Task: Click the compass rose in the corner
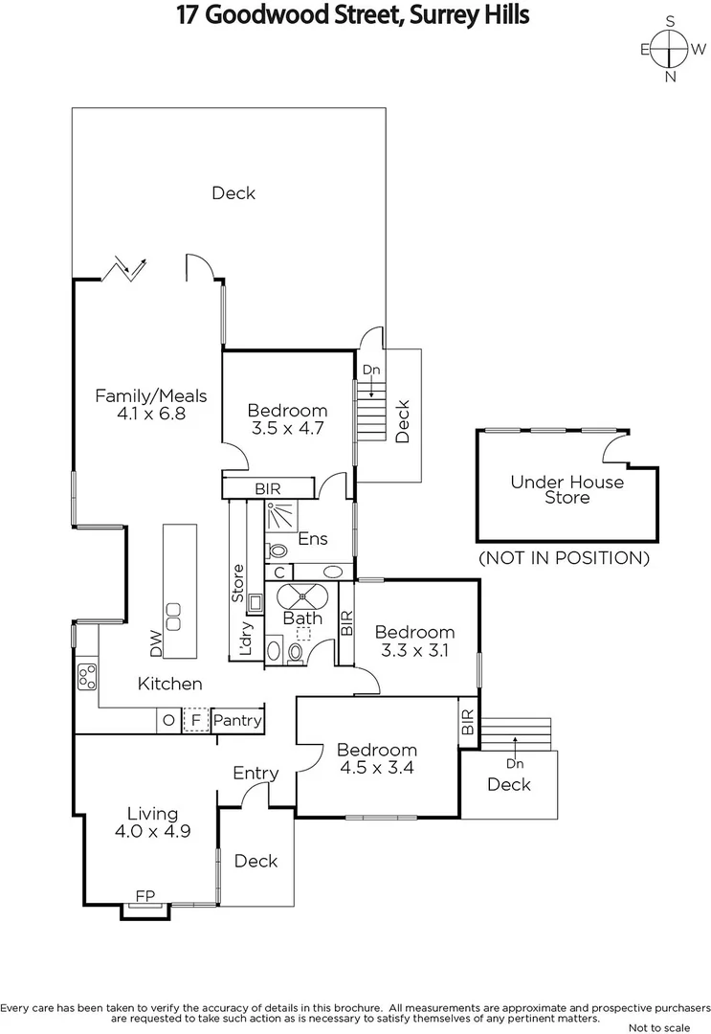670,49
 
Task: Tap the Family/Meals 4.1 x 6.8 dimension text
151,414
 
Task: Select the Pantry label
237,720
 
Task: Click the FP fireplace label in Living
144,895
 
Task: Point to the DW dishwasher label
156,643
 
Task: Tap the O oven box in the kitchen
168,720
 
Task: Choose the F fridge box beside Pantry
196,720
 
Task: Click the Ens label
313,539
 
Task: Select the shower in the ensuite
281,516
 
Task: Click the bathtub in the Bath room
302,596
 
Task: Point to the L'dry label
245,639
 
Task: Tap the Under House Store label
567,490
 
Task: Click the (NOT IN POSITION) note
564,558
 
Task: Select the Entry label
256,774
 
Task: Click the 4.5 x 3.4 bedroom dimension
377,768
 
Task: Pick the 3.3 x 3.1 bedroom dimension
415,650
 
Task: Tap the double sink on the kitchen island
173,617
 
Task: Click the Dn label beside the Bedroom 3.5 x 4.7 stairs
371,370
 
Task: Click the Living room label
153,814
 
